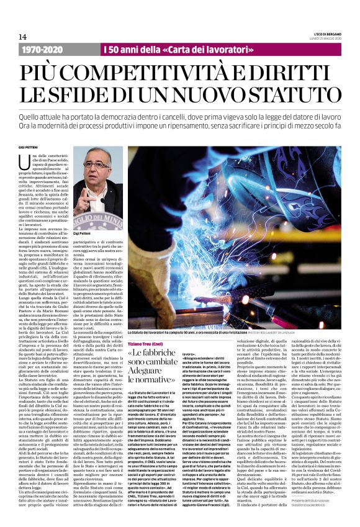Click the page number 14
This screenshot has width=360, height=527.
click(x=23, y=37)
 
